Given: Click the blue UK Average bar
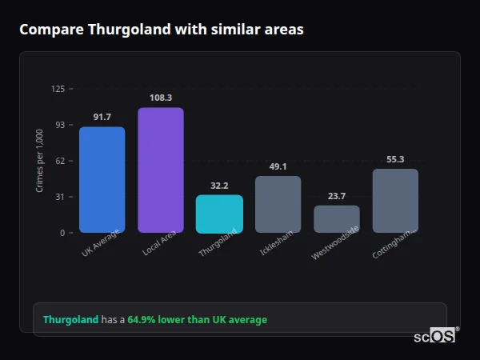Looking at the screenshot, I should pyautogui.click(x=102, y=180).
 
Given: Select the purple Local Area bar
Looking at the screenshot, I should pyautogui.click(x=160, y=170).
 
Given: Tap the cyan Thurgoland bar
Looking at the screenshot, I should pyautogui.click(x=219, y=214).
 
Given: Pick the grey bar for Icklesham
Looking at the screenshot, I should pyautogui.click(x=278, y=204).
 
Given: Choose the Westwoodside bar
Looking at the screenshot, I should pyautogui.click(x=337, y=219).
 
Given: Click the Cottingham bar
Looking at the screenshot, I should pyautogui.click(x=395, y=201).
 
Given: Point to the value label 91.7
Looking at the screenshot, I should pyautogui.click(x=102, y=118).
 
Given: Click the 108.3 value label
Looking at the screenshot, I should pyautogui.click(x=160, y=98).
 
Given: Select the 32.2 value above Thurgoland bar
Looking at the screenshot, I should pyautogui.click(x=219, y=186).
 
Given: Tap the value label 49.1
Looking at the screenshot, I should pyautogui.click(x=278, y=166).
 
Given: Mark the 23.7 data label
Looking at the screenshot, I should pyautogui.click(x=337, y=196).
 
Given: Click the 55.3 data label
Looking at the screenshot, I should pyautogui.click(x=395, y=159).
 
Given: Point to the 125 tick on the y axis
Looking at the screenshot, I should pyautogui.click(x=58, y=89).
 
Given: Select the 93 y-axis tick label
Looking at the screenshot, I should pyautogui.click(x=59, y=125).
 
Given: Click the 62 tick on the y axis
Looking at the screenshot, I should pyautogui.click(x=59, y=161).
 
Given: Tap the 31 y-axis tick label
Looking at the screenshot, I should pyautogui.click(x=59, y=197).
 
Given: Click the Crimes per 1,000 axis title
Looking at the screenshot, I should pyautogui.click(x=40, y=161).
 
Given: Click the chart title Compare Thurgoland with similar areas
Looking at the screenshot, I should pyautogui.click(x=161, y=30).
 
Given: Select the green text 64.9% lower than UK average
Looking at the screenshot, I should pyautogui.click(x=197, y=320).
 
